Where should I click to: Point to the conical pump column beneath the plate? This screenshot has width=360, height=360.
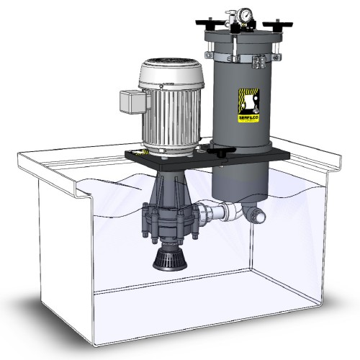171,192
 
